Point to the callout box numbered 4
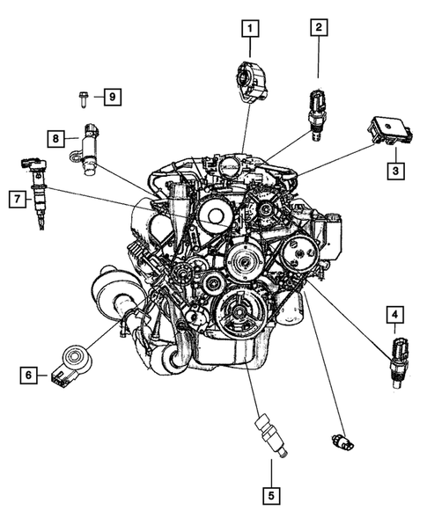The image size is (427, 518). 395,313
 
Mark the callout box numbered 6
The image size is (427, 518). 29,376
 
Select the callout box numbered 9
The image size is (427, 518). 111,97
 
